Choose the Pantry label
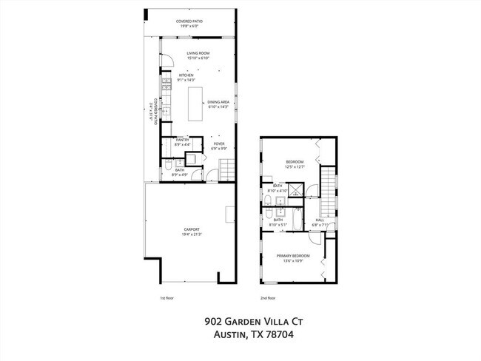pos(182,141)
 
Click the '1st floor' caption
pos(166,298)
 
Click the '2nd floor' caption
pos(267,298)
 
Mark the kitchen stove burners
pos(167,84)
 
